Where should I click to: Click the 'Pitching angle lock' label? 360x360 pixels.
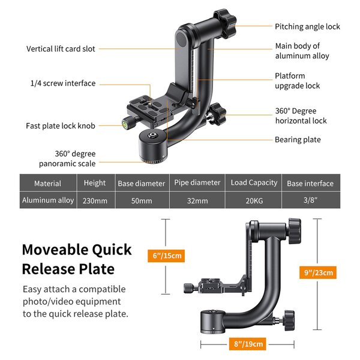click(x=307, y=26)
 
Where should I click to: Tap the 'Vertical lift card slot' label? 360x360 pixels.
click(x=61, y=49)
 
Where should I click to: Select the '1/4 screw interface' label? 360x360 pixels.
click(x=63, y=83)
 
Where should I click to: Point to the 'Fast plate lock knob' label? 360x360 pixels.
click(x=60, y=126)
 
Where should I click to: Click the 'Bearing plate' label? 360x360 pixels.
click(x=298, y=140)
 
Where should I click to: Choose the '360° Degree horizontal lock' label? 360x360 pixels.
click(x=301, y=116)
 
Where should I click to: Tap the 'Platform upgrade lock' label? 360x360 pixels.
click(x=297, y=81)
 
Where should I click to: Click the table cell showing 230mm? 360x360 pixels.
click(x=95, y=200)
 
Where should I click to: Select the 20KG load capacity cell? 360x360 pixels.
click(x=254, y=200)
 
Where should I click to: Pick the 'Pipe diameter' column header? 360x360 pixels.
click(x=197, y=183)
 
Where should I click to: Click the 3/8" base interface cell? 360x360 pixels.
click(x=310, y=200)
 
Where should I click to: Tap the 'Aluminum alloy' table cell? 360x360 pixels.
click(x=48, y=200)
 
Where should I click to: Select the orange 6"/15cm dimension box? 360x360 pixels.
click(x=167, y=256)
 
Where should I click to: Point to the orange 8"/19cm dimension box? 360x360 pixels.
click(x=248, y=344)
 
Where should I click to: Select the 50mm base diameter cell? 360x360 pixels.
click(x=142, y=200)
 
